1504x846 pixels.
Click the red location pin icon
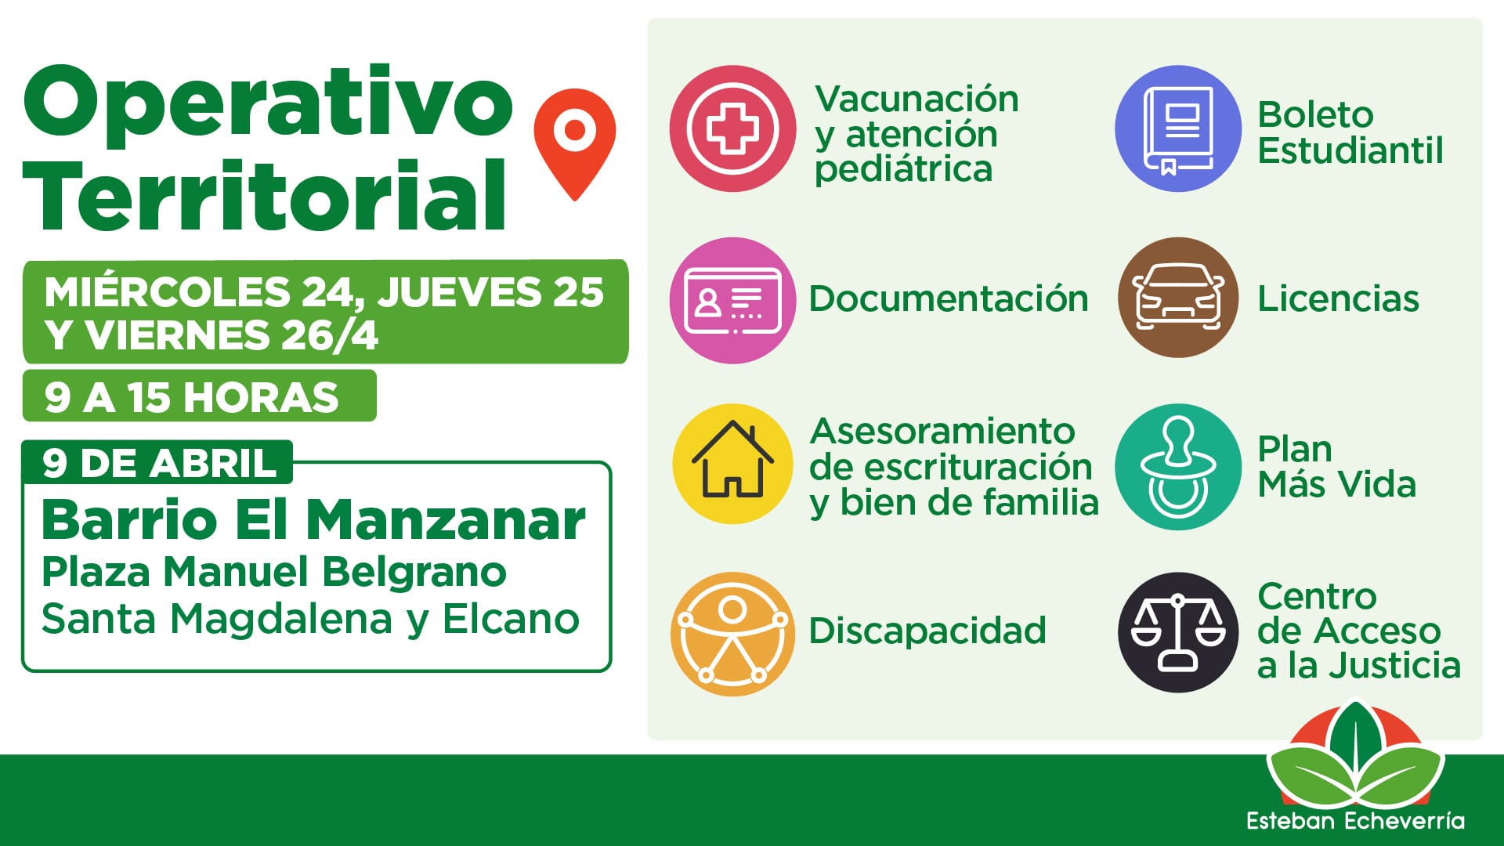pyautogui.click(x=574, y=141)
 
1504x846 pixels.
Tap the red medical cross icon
pyautogui.click(x=732, y=128)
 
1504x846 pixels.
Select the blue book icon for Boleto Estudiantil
pyautogui.click(x=1178, y=128)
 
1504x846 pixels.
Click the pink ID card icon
pyautogui.click(x=732, y=300)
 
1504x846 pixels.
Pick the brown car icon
pyautogui.click(x=1178, y=298)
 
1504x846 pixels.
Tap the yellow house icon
pyautogui.click(x=732, y=464)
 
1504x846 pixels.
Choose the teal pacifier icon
pyautogui.click(x=1178, y=467)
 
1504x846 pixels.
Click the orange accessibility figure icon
pyautogui.click(x=732, y=634)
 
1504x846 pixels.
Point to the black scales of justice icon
pyautogui.click(x=1178, y=632)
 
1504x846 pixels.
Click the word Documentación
pyautogui.click(x=949, y=299)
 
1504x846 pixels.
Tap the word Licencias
pyautogui.click(x=1338, y=298)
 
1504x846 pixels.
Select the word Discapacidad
pyautogui.click(x=927, y=631)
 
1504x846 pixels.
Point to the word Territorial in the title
pyautogui.click(x=265, y=194)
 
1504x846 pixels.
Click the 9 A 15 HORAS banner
pyautogui.click(x=199, y=396)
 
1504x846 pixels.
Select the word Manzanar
pyautogui.click(x=446, y=519)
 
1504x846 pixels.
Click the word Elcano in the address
pyautogui.click(x=511, y=618)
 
